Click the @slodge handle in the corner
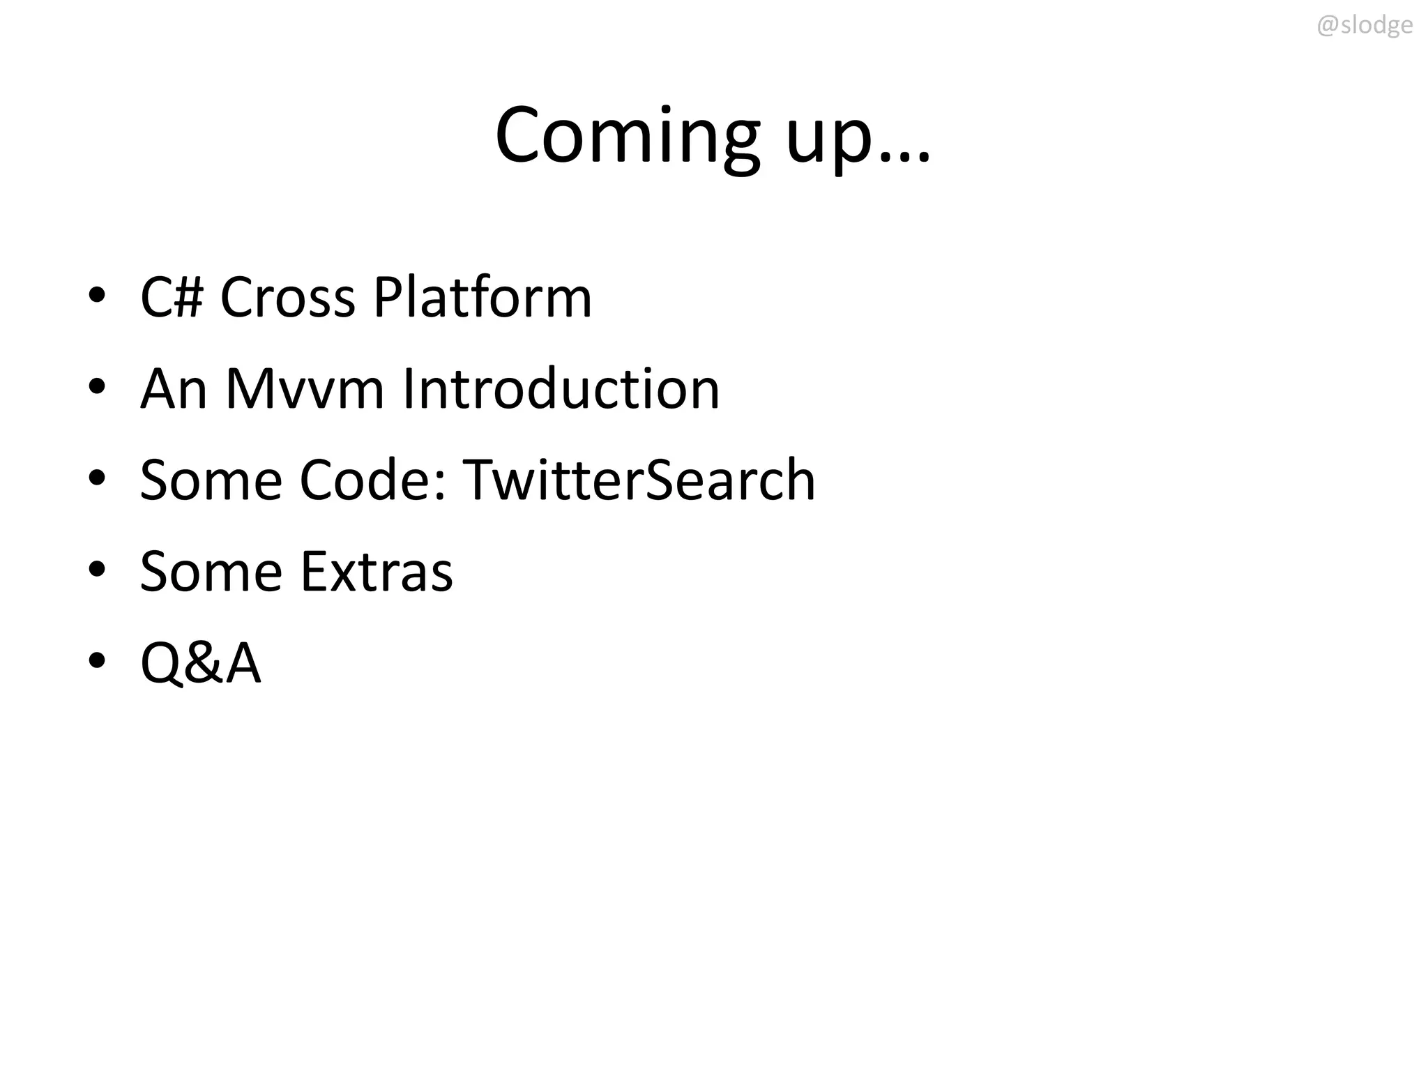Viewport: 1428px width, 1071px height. pyautogui.click(x=1364, y=26)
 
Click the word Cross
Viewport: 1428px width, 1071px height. pyautogui.click(x=287, y=298)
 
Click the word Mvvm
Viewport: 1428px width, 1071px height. pyautogui.click(x=305, y=389)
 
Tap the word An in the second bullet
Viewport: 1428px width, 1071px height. pyautogui.click(x=174, y=389)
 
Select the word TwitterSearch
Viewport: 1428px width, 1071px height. pyautogui.click(x=639, y=480)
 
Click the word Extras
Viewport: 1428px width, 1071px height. pyautogui.click(x=377, y=572)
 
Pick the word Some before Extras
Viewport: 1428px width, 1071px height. pyautogui.click(x=210, y=572)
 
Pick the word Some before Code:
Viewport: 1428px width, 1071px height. pyautogui.click(x=210, y=480)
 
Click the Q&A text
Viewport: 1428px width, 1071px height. pyautogui.click(x=201, y=663)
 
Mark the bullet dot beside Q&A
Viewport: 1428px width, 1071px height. pyautogui.click(x=97, y=660)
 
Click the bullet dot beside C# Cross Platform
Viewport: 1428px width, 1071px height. pyautogui.click(x=97, y=295)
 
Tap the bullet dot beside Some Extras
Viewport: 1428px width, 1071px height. pyautogui.click(x=97, y=569)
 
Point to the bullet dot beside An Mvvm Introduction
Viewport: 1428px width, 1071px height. pyautogui.click(x=97, y=386)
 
